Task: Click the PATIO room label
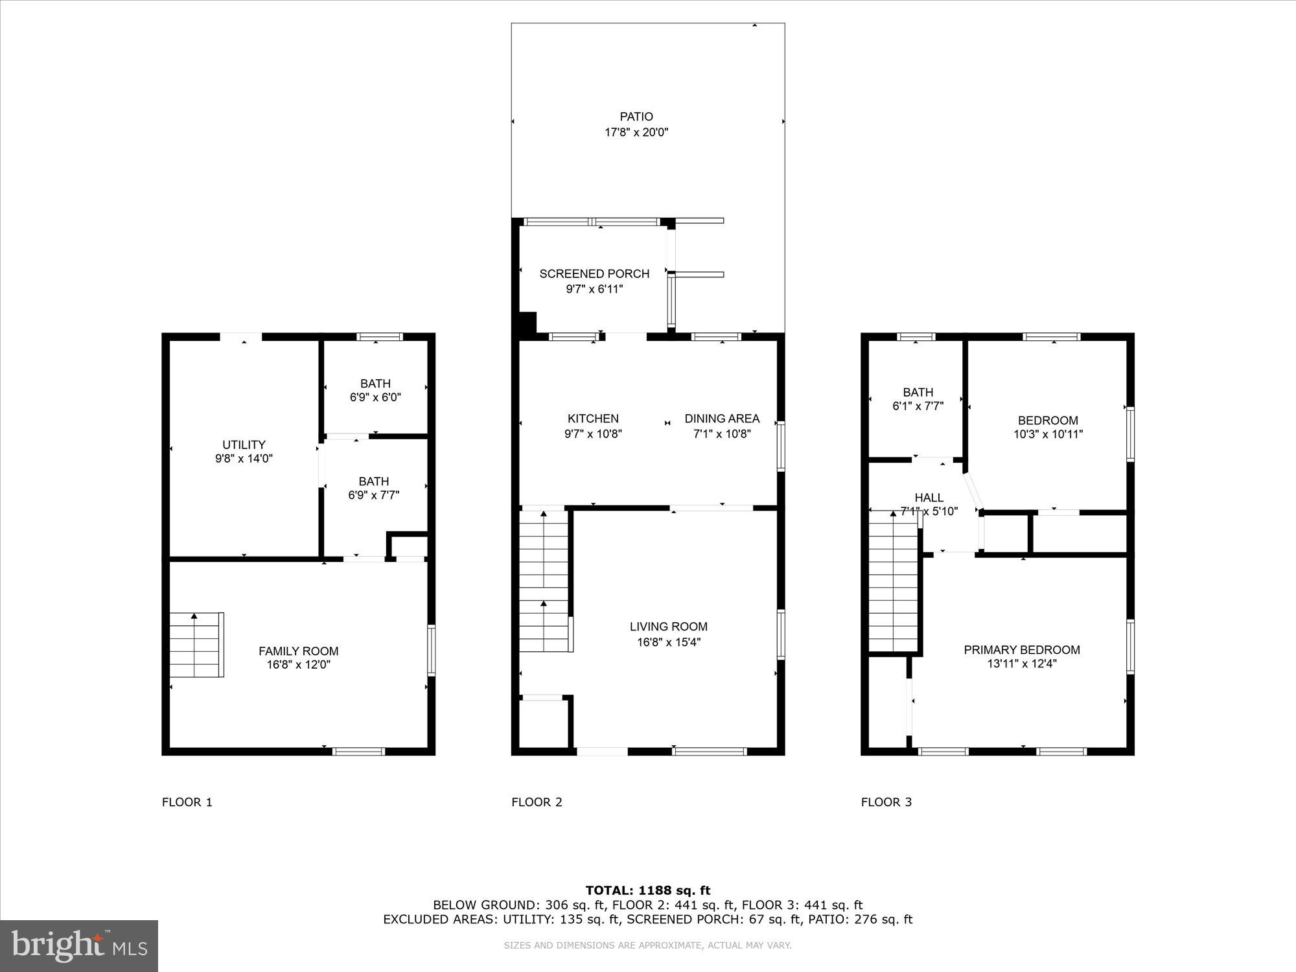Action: coord(636,117)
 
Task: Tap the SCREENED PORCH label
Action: coord(594,273)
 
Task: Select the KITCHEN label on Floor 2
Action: coord(593,419)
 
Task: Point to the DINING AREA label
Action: coord(722,419)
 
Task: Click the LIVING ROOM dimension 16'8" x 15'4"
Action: coord(668,642)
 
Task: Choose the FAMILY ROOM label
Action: coord(298,651)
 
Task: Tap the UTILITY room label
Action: coord(244,445)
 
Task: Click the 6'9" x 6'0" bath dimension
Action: coord(375,397)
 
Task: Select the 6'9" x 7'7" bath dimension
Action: coord(373,495)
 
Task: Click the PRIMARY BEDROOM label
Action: coord(1022,650)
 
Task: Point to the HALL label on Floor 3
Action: coord(929,498)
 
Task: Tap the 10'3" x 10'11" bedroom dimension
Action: coord(1048,434)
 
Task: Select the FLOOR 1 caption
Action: coord(187,802)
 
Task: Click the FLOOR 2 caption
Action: coord(537,802)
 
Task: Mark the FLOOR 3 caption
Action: coord(886,802)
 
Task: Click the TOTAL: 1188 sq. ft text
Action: coord(647,890)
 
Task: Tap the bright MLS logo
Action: coord(79,945)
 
